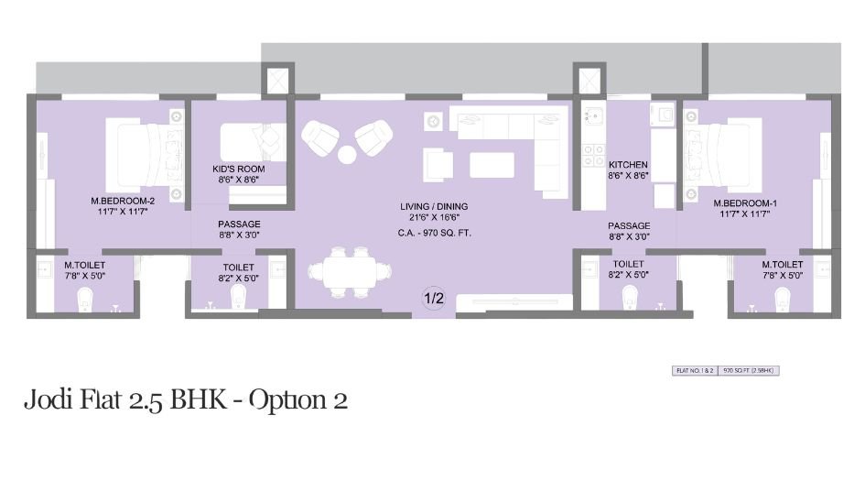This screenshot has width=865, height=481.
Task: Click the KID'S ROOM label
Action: tap(238, 169)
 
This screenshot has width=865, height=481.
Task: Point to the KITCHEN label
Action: tap(627, 165)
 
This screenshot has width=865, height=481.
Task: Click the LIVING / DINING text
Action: tap(434, 206)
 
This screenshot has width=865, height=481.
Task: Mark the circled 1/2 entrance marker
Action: tap(433, 298)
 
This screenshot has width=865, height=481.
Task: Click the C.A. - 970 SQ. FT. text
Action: tap(434, 233)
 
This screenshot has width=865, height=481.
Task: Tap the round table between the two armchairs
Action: tap(347, 153)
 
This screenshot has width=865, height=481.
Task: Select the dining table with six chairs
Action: tap(340, 271)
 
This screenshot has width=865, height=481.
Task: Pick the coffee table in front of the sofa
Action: tap(492, 164)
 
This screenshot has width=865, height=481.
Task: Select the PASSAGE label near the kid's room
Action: tap(239, 224)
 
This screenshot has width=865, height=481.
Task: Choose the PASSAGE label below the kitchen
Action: tap(629, 225)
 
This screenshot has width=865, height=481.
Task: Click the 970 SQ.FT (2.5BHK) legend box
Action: tap(749, 371)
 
